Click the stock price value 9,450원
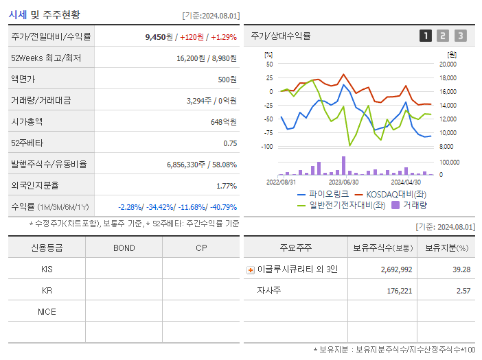point(156,37)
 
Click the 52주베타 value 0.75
point(229,143)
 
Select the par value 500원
point(227,80)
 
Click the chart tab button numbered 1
point(426,36)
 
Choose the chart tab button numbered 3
point(460,36)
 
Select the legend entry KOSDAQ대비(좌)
point(395,194)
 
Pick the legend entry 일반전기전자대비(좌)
point(347,204)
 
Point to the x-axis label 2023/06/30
point(343,182)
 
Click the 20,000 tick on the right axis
point(448,64)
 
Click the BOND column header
point(124,248)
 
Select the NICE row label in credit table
point(47,311)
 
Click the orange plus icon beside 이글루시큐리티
point(251,269)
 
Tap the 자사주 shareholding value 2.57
point(464,291)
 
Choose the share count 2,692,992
point(396,269)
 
